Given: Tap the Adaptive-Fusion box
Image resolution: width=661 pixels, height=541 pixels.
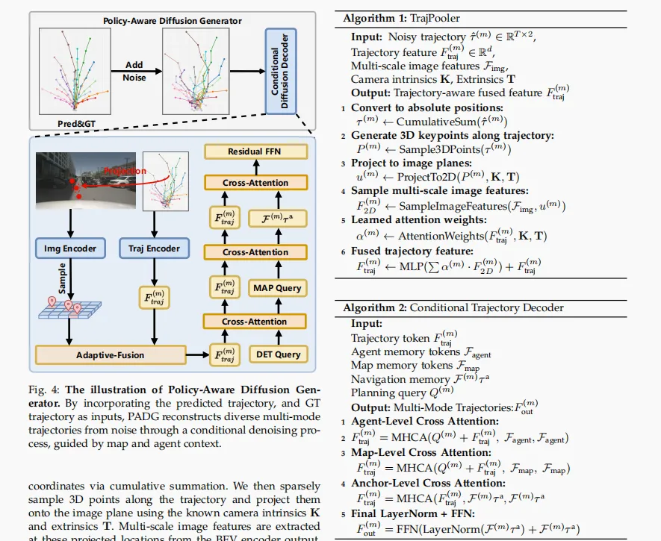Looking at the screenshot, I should (x=111, y=354).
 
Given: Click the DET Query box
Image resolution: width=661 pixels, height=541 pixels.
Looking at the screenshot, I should (x=277, y=354).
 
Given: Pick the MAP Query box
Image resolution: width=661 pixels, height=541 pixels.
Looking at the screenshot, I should (x=277, y=288).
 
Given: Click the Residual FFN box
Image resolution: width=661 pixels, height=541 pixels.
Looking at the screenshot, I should (x=255, y=151).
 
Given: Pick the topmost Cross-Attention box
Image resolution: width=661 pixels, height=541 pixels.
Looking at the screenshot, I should (x=255, y=183).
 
